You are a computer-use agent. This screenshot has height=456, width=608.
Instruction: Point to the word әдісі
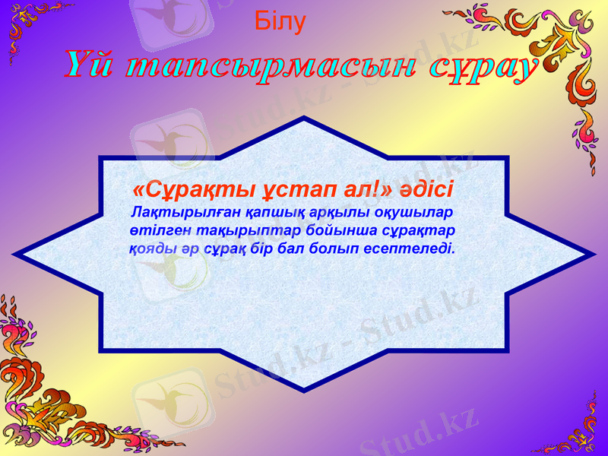[425, 187]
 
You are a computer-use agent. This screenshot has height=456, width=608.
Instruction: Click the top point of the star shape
[304, 119]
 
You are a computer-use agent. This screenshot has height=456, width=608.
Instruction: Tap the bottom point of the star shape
[304, 389]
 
